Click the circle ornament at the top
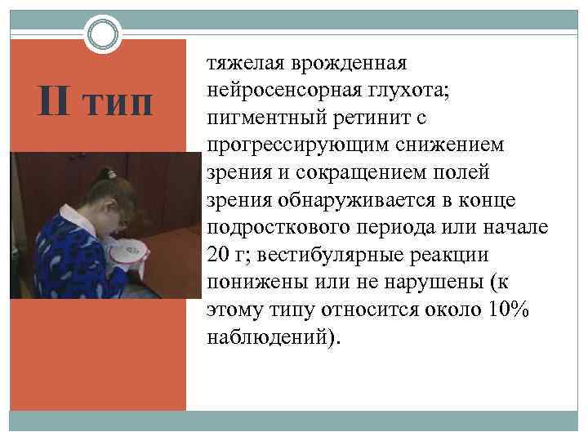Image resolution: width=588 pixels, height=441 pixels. [101, 36]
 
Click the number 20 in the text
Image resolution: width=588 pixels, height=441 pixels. [219, 255]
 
